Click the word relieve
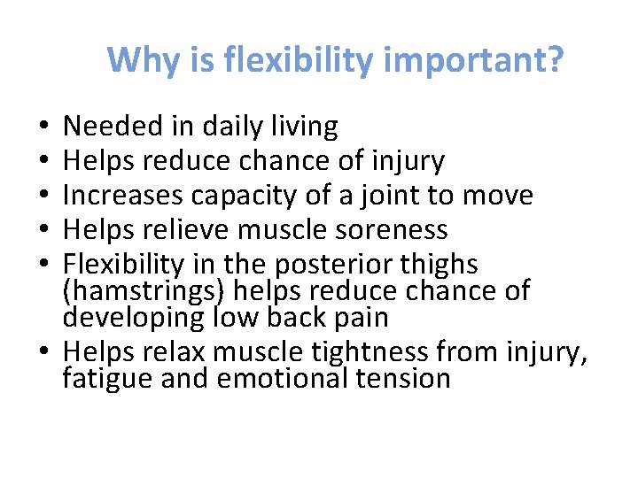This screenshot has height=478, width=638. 192,230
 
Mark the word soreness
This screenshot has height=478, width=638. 399,230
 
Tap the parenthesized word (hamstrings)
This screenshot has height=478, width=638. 144,289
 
